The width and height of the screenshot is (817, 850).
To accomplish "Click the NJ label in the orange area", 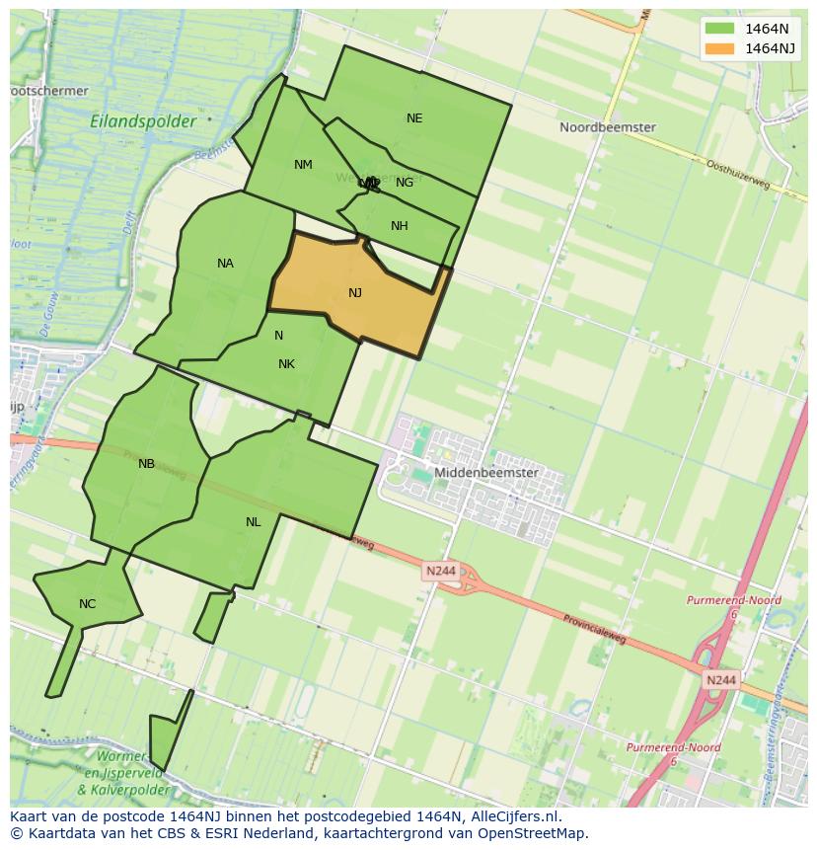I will tap(355, 293).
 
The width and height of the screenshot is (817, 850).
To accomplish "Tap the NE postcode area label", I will tap(414, 118).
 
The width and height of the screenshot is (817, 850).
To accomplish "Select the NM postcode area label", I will tap(303, 165).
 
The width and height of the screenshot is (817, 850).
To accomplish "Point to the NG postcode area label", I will tap(405, 183).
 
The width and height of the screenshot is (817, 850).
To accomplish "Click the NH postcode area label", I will tap(399, 226).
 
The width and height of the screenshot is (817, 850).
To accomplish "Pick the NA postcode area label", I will tap(225, 264).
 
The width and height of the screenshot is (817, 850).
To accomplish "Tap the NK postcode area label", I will tap(286, 364).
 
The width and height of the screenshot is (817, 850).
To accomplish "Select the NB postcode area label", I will tap(146, 464).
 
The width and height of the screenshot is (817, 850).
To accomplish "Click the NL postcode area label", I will tap(254, 522).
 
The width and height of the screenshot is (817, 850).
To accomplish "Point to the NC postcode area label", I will tap(87, 604).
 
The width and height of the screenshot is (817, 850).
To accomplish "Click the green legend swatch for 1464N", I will tap(719, 29).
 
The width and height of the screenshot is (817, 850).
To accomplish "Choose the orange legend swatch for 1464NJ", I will tap(719, 48).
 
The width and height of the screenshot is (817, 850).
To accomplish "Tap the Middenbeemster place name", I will tap(486, 473).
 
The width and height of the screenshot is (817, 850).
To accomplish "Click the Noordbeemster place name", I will tap(607, 127).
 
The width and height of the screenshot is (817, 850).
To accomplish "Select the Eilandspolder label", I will tap(142, 121).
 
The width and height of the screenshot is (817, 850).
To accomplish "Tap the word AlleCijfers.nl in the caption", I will tap(515, 816).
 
